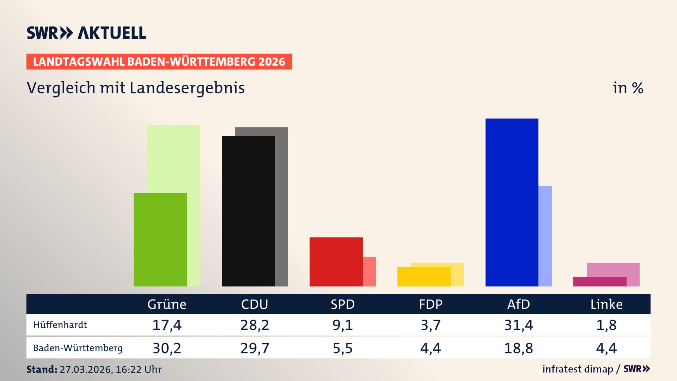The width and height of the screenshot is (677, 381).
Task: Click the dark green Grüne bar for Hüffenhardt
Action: pyautogui.click(x=160, y=240)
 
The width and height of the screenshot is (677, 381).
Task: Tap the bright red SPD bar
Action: pyautogui.click(x=336, y=262)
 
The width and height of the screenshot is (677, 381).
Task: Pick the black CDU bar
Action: pyautogui.click(x=248, y=211)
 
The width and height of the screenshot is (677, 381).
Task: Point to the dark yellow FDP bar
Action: pyautogui.click(x=423, y=277)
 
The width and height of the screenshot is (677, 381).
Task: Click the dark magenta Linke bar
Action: pyautogui.click(x=599, y=282)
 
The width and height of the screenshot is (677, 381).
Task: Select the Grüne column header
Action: pyautogui.click(x=167, y=304)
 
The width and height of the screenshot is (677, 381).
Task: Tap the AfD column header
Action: pyautogui.click(x=518, y=304)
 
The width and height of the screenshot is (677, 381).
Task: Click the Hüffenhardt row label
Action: pyautogui.click(x=60, y=325)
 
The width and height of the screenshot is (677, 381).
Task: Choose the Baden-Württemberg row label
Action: pyautogui.click(x=78, y=348)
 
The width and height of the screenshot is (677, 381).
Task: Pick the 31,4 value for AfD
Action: pyautogui.click(x=518, y=325)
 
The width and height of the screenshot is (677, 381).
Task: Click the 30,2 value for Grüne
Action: pyautogui.click(x=167, y=348)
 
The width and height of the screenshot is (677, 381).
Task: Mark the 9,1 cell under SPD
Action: pyautogui.click(x=342, y=325)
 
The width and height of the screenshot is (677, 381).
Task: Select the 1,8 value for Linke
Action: pyautogui.click(x=606, y=325)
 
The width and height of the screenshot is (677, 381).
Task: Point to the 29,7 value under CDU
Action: pyautogui.click(x=255, y=348)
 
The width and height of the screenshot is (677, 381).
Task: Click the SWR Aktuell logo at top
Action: pyautogui.click(x=86, y=33)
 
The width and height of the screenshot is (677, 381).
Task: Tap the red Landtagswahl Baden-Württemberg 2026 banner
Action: pyautogui.click(x=159, y=62)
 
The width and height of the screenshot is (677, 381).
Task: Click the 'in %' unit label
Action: pyautogui.click(x=628, y=88)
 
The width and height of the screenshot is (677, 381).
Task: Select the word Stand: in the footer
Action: pyautogui.click(x=42, y=369)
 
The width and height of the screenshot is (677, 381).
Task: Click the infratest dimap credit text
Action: pyautogui.click(x=578, y=369)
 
